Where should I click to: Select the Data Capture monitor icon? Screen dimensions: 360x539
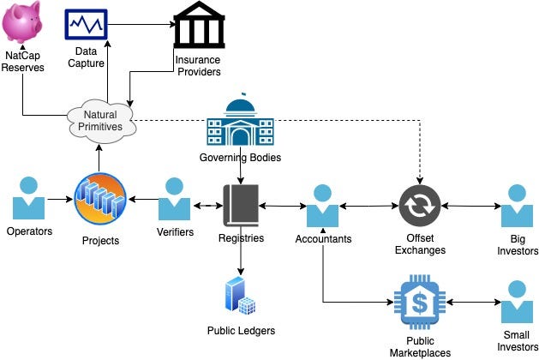[x=86, y=23]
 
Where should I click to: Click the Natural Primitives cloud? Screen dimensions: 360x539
[x=101, y=120]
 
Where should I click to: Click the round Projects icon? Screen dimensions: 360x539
[x=101, y=199]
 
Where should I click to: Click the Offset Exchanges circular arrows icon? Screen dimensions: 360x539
[x=420, y=206]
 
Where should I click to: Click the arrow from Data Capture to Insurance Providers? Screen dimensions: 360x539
[x=141, y=24]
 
